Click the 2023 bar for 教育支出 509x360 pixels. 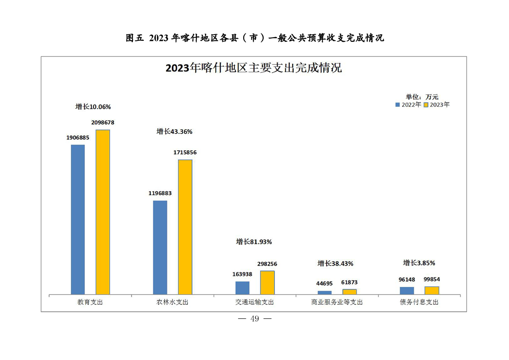103,212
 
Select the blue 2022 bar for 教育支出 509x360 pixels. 78,220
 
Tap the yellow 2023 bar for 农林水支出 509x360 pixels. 185,227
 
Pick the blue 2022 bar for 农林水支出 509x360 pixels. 160,247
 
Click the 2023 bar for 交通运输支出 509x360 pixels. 267,283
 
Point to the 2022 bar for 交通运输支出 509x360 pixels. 242,288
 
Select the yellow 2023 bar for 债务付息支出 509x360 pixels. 431,291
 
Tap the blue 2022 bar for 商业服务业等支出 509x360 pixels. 324,293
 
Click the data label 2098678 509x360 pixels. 103,123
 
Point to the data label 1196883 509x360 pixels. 160,193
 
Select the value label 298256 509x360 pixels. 267,264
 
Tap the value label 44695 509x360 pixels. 324,283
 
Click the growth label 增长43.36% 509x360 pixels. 175,132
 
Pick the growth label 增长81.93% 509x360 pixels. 254,242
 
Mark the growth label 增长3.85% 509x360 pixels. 419,263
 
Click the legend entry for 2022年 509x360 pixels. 408,104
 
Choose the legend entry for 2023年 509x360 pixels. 437,104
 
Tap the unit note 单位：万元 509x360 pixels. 422,97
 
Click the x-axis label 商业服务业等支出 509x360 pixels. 337,302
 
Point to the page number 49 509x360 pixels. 254,319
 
